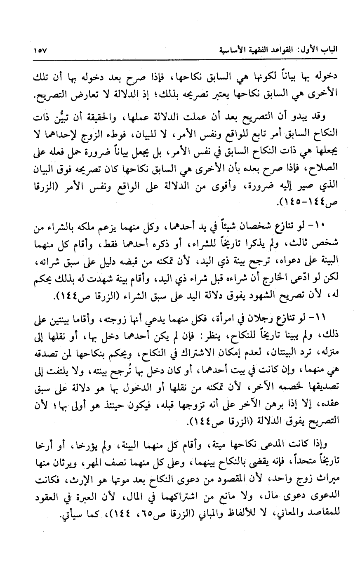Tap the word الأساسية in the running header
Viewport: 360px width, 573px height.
(x=233, y=51)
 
